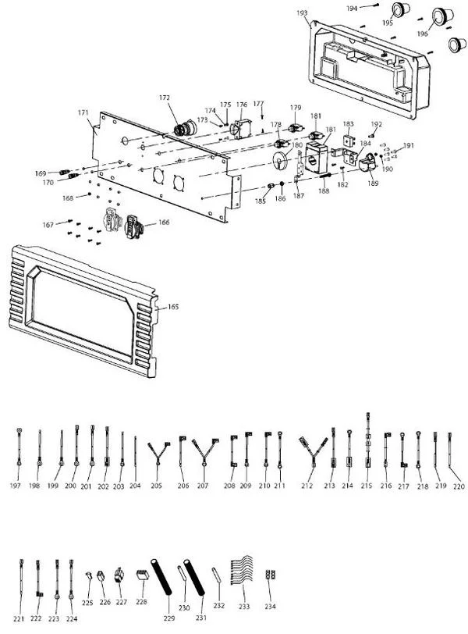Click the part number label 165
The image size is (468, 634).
173,307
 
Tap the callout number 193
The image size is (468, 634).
302,13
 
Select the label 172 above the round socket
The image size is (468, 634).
165,98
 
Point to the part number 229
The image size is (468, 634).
169,618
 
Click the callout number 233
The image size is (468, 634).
244,606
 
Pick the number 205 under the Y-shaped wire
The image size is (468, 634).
156,486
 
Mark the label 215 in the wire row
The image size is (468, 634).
367,485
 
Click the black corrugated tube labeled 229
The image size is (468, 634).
161,577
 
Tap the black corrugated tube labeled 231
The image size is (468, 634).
193,578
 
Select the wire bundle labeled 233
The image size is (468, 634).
242,571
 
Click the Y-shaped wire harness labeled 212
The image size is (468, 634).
314,452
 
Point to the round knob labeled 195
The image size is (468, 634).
401,9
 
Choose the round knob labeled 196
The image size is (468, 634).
442,16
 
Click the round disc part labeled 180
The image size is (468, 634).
279,160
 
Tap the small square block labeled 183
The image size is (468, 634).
349,141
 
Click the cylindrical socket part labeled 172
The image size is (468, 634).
185,128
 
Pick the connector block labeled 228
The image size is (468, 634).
142,575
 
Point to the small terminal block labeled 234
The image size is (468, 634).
271,575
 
